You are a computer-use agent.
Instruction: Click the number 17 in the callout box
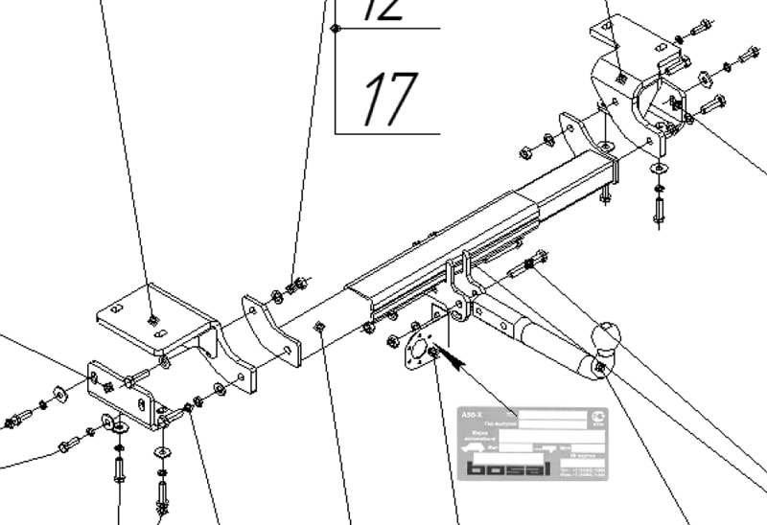tap(391, 100)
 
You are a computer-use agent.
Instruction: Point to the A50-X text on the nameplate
tap(470, 414)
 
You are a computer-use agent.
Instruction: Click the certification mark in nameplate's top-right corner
tap(595, 416)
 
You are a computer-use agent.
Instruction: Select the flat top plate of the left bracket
tap(153, 316)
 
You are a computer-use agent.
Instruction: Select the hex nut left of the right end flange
tap(526, 151)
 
